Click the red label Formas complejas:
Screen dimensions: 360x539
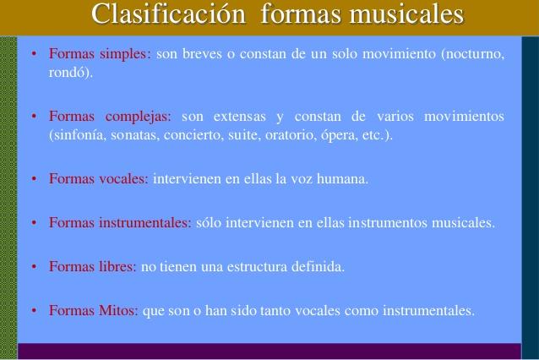[x=110, y=116]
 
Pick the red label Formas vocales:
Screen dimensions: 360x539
[x=99, y=179]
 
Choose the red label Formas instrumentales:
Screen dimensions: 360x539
[x=120, y=223]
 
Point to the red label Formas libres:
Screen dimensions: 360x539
[x=93, y=267]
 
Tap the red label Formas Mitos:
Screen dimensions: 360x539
[x=93, y=310]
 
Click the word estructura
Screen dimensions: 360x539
[x=253, y=267]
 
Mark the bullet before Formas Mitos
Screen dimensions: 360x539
[x=32, y=311]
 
